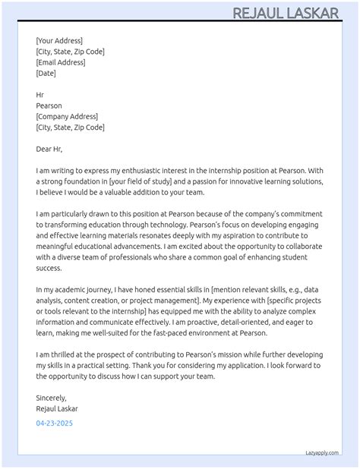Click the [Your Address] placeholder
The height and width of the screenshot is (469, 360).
coord(59,41)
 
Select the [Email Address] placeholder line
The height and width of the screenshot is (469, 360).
coord(61,62)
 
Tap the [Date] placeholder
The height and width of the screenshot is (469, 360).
coord(46,73)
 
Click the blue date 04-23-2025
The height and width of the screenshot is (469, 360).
coord(55,423)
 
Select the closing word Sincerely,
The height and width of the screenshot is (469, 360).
coord(52,398)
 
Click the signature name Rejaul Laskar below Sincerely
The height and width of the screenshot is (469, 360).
coord(57,408)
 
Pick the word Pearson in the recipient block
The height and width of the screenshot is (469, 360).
coord(49,105)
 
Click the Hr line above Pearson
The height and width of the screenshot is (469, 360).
coord(40,95)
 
